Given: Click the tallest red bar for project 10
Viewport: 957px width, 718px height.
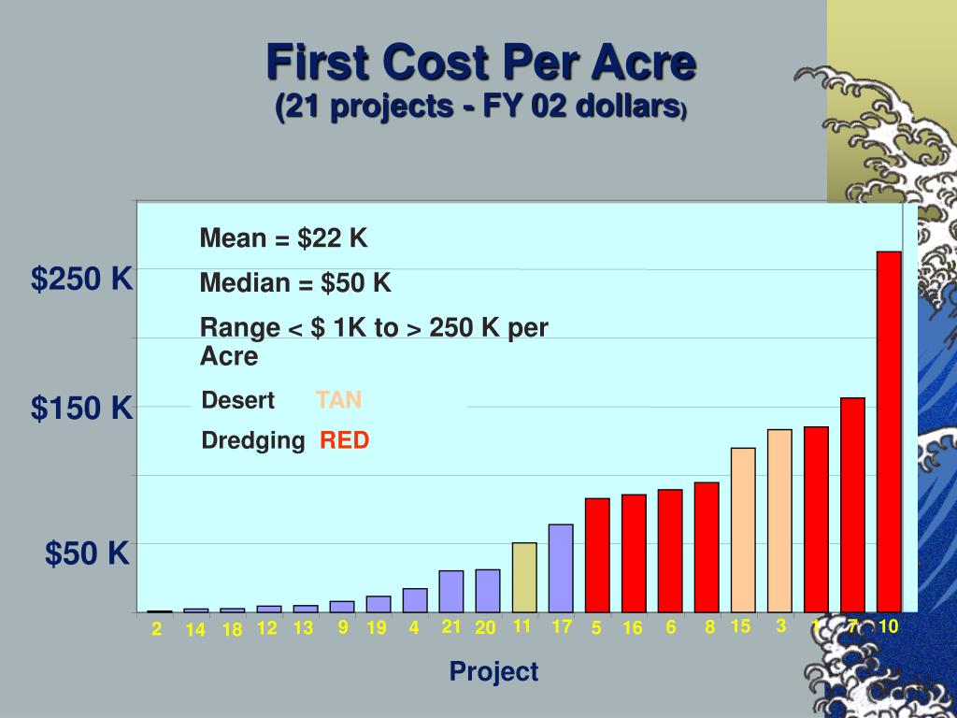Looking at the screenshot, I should click(889, 430).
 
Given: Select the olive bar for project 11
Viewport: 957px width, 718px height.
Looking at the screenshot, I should click(524, 577).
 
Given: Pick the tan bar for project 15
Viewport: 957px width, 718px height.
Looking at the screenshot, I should click(743, 529).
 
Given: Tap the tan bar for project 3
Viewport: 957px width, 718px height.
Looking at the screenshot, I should click(779, 520).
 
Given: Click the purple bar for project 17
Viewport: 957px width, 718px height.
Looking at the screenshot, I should click(561, 567).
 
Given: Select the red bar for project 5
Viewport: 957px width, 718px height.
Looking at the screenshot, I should click(597, 554).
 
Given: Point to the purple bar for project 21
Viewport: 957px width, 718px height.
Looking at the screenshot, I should click(451, 591).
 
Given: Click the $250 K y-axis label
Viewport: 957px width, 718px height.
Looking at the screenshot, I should click(82, 279).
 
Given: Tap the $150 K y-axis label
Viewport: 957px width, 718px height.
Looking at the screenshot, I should click(82, 408).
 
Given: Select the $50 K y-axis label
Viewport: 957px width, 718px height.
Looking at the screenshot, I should click(88, 553).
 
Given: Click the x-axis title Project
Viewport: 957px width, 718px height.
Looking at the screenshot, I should click(493, 671).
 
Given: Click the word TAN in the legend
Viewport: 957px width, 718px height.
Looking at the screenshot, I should click(338, 401).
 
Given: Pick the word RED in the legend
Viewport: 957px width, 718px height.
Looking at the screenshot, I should click(345, 440).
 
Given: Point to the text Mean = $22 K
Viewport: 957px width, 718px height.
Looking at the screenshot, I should click(284, 239).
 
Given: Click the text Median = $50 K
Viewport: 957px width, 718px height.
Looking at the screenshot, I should click(295, 283).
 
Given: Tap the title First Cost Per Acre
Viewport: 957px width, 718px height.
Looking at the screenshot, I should click(481, 64).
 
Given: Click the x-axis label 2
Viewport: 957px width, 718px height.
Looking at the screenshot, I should click(157, 630).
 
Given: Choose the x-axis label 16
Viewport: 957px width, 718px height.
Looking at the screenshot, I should click(633, 628).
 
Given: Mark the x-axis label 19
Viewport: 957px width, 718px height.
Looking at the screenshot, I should click(377, 628).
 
